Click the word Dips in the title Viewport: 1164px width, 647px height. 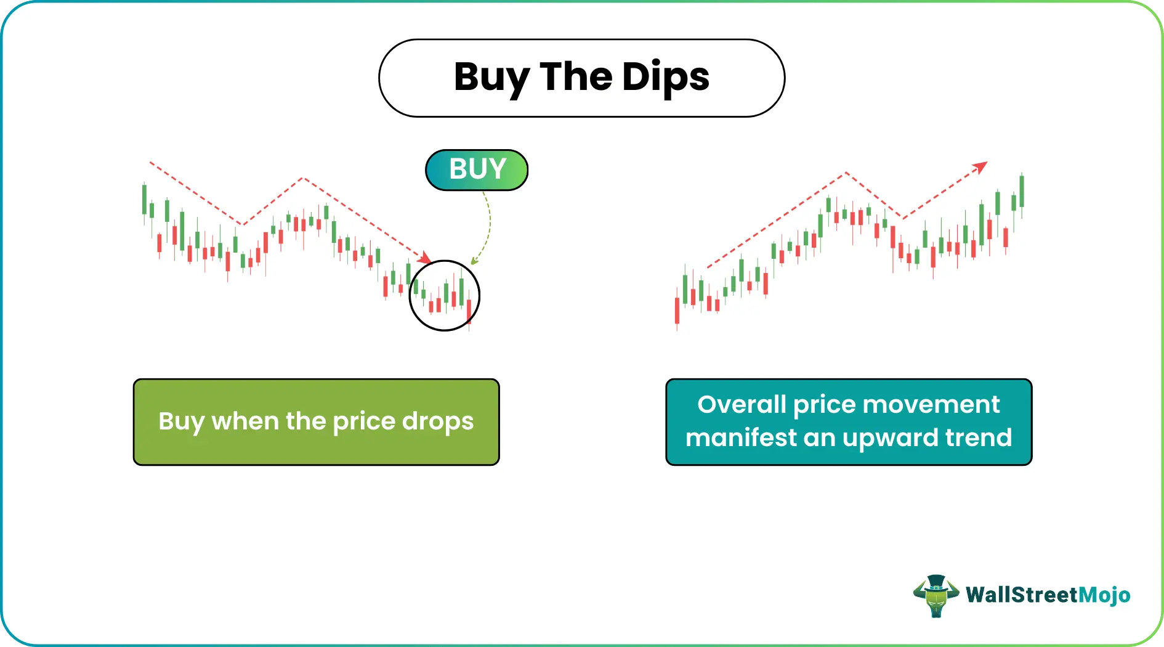(x=665, y=77)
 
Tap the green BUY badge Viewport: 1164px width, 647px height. (x=477, y=169)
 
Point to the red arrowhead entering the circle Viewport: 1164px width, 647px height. (x=424, y=256)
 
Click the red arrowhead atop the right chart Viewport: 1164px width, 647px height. (x=980, y=167)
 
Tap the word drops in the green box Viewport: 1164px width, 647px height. (x=438, y=421)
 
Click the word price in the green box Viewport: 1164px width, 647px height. (x=363, y=422)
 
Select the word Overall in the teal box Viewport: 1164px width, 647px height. (x=742, y=405)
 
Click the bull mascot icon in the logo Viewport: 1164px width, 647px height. (x=936, y=596)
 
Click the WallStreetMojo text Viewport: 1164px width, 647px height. (x=1048, y=595)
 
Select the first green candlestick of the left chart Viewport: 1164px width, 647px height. (x=145, y=198)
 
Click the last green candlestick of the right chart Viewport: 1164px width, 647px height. (x=1022, y=192)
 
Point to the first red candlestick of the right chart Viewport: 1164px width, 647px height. (x=677, y=311)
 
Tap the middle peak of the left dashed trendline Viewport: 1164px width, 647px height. (x=303, y=179)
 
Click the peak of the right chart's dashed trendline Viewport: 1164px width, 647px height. (x=846, y=173)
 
